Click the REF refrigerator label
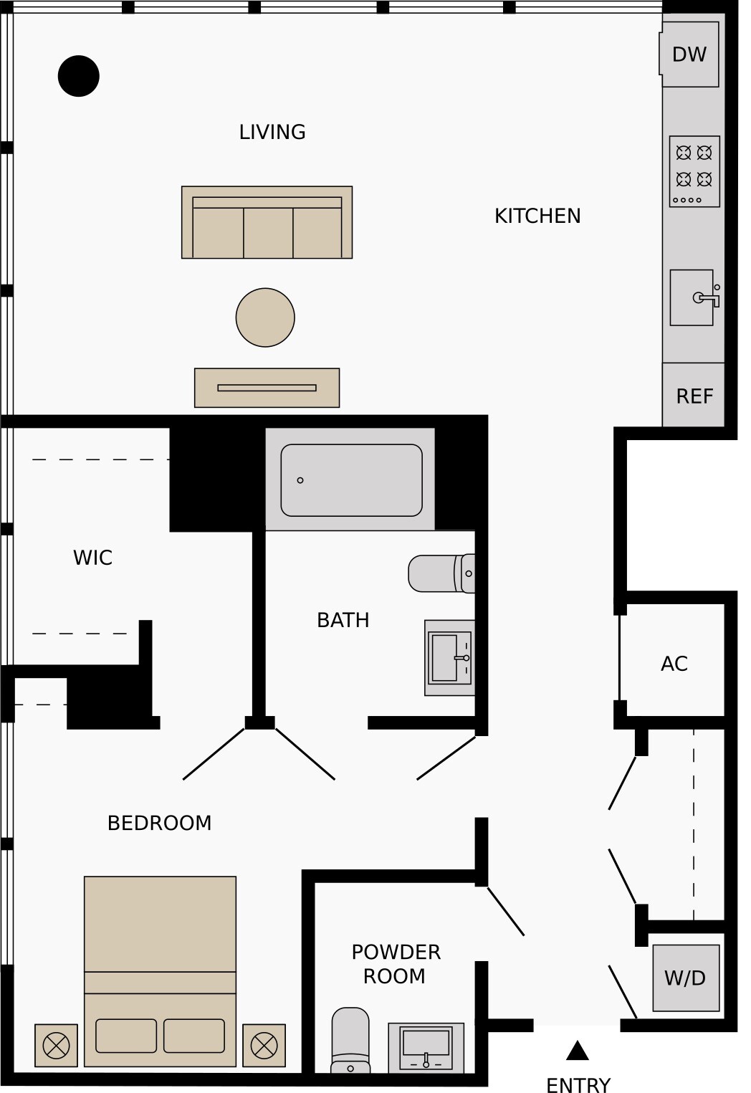pos(694,396)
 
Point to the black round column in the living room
pos(79,76)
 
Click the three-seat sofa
pos(267,222)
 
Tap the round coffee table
pos(265,318)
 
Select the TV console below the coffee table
pos(267,388)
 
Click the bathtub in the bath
pos(351,480)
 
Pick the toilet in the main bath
pos(441,573)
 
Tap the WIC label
pos(92,558)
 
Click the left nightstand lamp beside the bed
pos(56,1046)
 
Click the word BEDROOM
pos(160,824)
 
